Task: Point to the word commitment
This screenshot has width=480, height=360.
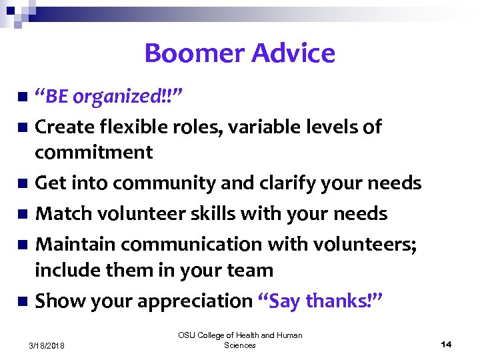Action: coord(94,152)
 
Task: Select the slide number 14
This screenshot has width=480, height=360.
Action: coord(446,344)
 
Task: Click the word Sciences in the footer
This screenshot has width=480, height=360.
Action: coord(240,345)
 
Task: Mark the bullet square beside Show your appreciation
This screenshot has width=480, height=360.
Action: coord(23,301)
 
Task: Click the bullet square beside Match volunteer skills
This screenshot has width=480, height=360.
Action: coord(23,214)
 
